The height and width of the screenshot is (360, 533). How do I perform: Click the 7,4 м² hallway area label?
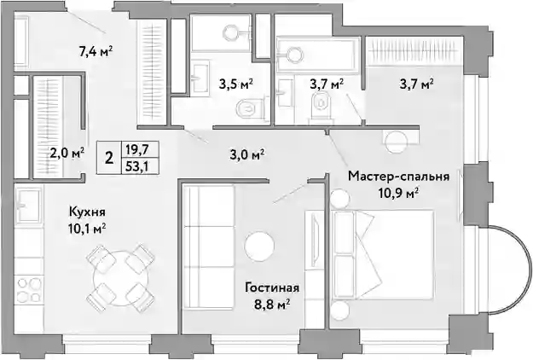(96, 52)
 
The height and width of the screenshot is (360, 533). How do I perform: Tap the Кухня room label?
(87, 212)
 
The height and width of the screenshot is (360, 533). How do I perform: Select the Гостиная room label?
(272, 287)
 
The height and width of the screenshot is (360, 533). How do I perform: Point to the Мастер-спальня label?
(398, 177)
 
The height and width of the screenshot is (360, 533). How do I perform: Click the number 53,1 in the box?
(139, 167)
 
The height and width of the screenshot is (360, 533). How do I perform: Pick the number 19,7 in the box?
(139, 149)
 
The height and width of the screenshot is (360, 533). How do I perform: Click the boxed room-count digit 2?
(109, 158)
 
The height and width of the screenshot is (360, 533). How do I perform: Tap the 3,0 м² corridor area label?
(247, 154)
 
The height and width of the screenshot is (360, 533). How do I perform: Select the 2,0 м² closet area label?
(67, 154)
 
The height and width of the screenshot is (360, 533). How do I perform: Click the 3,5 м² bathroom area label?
(236, 84)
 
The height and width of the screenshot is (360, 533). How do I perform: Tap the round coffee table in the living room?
(259, 247)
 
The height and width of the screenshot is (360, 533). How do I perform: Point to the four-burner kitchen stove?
(29, 290)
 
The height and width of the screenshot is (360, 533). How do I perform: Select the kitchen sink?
(29, 205)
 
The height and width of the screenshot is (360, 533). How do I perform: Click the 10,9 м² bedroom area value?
(398, 193)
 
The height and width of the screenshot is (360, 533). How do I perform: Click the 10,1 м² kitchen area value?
(87, 228)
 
